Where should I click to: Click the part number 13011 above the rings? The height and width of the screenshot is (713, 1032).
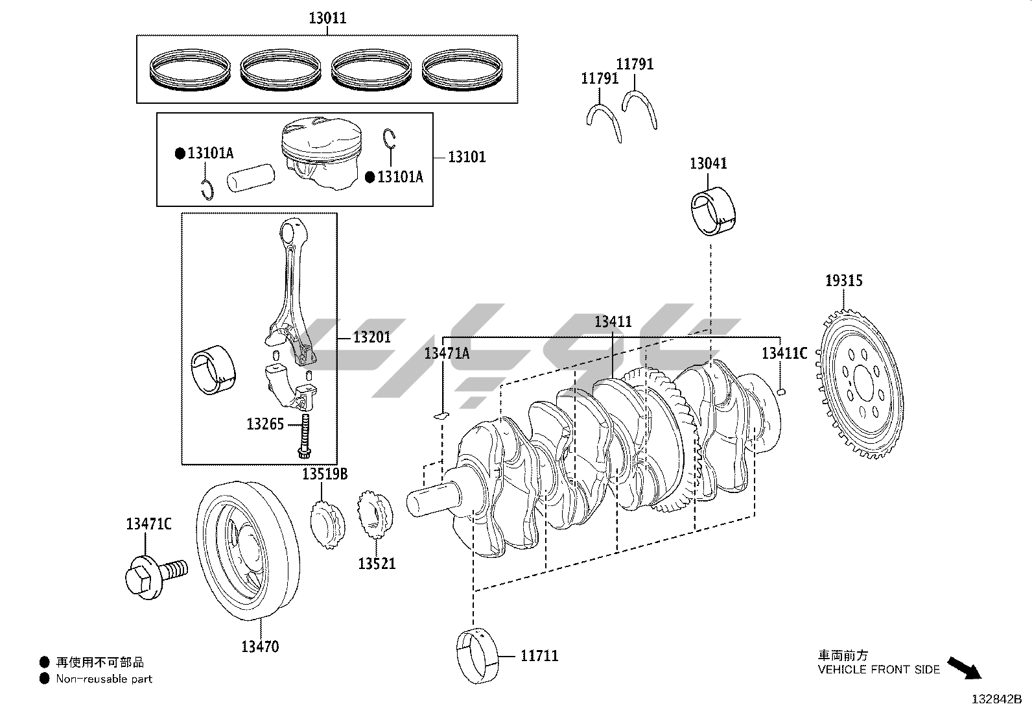[327, 18]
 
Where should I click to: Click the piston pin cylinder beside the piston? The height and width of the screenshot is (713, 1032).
[251, 177]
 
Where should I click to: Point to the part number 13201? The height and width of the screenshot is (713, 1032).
[372, 337]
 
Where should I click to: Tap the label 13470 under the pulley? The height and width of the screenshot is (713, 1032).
[261, 647]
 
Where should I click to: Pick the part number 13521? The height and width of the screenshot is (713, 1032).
[377, 564]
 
